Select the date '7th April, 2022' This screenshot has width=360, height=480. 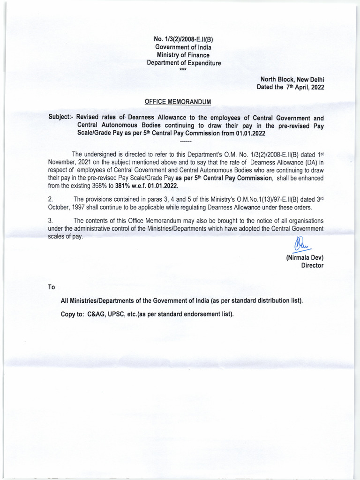pyautogui.click(x=304, y=87)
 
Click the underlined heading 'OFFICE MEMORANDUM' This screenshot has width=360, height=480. pyautogui.click(x=178, y=102)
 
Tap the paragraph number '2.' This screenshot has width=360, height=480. pyautogui.click(x=51, y=200)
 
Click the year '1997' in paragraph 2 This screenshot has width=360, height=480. pyautogui.click(x=78, y=208)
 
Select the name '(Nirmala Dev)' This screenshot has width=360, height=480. pyautogui.click(x=305, y=258)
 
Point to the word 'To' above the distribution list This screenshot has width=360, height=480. pyautogui.click(x=52, y=287)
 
